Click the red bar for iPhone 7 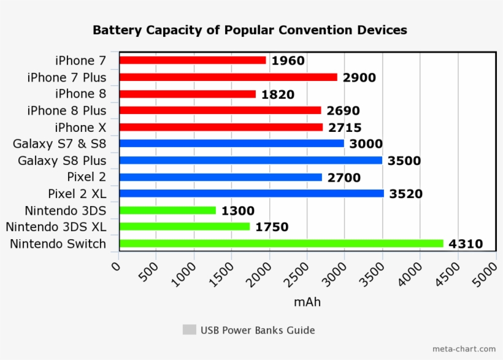tap(192, 60)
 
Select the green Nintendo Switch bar tap(281, 243)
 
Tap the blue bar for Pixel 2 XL tap(251, 194)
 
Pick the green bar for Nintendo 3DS tap(167, 210)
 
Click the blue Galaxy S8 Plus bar tap(250, 161)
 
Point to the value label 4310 tap(466, 244)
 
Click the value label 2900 tap(359, 78)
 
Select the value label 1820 tap(277, 94)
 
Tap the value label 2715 tap(344, 128)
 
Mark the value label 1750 tap(271, 228)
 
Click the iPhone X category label tap(80, 128)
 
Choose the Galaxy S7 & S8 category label tap(60, 144)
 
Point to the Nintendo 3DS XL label tap(56, 227)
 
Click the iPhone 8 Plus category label tap(66, 111)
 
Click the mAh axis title tap(307, 302)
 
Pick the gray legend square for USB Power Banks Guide tap(189, 330)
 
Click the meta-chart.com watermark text tap(464, 349)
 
